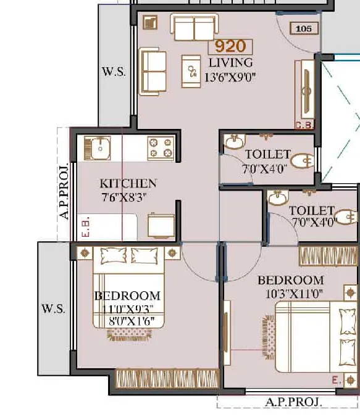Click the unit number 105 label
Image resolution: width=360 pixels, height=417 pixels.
coord(304,28)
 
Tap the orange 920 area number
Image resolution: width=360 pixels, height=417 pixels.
coord(230,46)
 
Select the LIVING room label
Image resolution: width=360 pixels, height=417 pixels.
coord(230,63)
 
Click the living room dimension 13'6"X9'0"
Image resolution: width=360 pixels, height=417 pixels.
coord(230,77)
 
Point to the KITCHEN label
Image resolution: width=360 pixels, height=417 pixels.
coord(128,183)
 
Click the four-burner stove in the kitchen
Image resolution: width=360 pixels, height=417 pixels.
coord(161,149)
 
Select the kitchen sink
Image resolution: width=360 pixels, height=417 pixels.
coord(97,149)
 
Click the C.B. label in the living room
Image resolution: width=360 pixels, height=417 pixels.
coord(304,125)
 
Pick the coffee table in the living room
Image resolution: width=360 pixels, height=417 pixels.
coord(191,72)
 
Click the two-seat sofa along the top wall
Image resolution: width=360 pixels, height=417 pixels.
coord(195,27)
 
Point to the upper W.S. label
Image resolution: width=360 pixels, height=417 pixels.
coord(114,72)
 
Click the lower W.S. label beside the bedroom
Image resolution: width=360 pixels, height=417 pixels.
coord(53,308)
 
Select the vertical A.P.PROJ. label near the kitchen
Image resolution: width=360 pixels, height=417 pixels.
coord(64,191)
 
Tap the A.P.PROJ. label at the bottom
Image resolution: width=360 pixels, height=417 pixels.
coord(293,402)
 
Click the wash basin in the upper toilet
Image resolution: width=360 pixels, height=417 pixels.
coord(234,142)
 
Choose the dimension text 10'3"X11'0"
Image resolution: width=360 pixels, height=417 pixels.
coord(294,294)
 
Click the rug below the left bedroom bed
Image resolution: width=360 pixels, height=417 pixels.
coord(130,335)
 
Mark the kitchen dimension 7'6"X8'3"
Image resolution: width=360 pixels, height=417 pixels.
coord(124,197)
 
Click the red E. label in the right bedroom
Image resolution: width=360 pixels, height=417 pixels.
coord(337,380)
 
